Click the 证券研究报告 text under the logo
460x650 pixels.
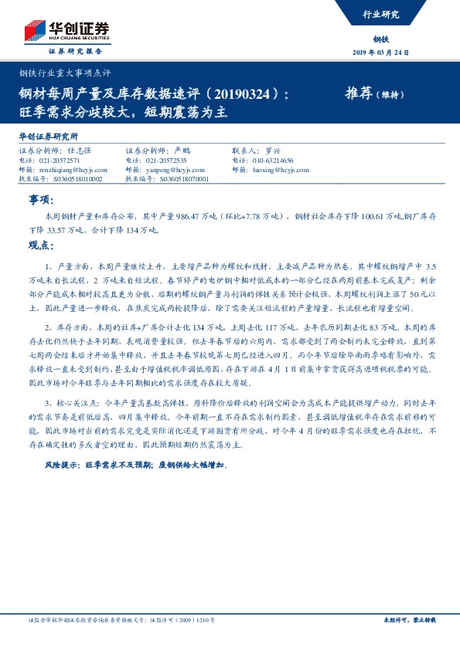[x=74, y=51]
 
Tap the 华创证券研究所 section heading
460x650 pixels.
[x=47, y=136]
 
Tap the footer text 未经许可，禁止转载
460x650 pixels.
[x=415, y=620]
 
